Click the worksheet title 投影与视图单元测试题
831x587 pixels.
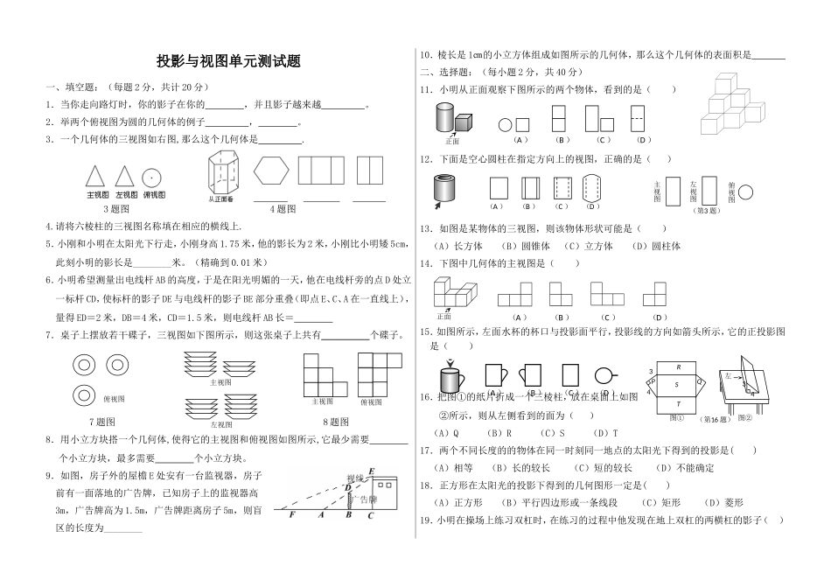point(228,61)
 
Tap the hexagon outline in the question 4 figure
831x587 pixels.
point(271,169)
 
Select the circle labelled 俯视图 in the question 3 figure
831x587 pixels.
point(153,176)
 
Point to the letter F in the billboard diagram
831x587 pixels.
point(291,515)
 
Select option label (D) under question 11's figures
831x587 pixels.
point(640,140)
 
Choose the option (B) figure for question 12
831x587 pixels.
point(528,190)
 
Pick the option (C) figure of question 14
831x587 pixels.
point(605,294)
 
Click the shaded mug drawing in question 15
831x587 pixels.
point(451,378)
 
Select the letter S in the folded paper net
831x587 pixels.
point(674,382)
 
